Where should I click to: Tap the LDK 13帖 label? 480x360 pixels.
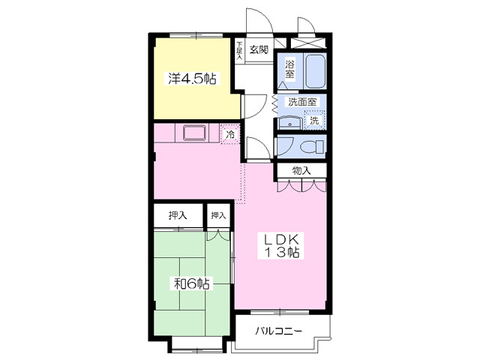coord(280,245)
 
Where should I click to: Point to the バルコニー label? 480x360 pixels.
coord(277,331)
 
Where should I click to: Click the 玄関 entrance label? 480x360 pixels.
coord(258,51)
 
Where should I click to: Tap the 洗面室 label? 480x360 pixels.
coord(303,102)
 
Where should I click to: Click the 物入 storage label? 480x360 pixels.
coord(301,171)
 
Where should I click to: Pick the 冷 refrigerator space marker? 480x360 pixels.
coord(231,135)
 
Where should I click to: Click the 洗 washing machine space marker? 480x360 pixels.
coord(314,120)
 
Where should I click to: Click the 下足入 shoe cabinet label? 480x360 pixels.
coord(239,50)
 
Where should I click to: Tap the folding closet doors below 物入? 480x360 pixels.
coord(301,186)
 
